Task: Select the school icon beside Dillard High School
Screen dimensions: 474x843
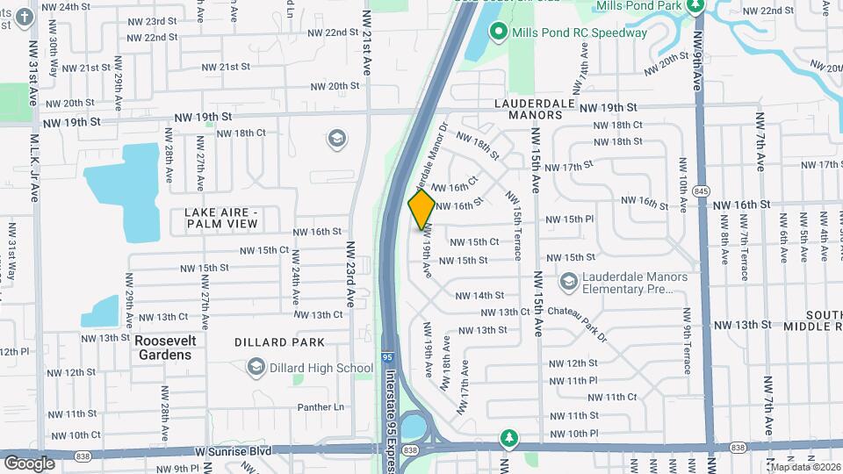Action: click(256, 367)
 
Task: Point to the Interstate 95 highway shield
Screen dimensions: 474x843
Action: click(388, 358)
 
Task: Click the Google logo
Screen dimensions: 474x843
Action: click(29, 463)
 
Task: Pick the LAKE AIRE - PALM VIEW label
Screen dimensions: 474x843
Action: click(221, 218)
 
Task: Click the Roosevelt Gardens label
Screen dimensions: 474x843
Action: click(163, 348)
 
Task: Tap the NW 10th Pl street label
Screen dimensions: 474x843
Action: click(570, 434)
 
